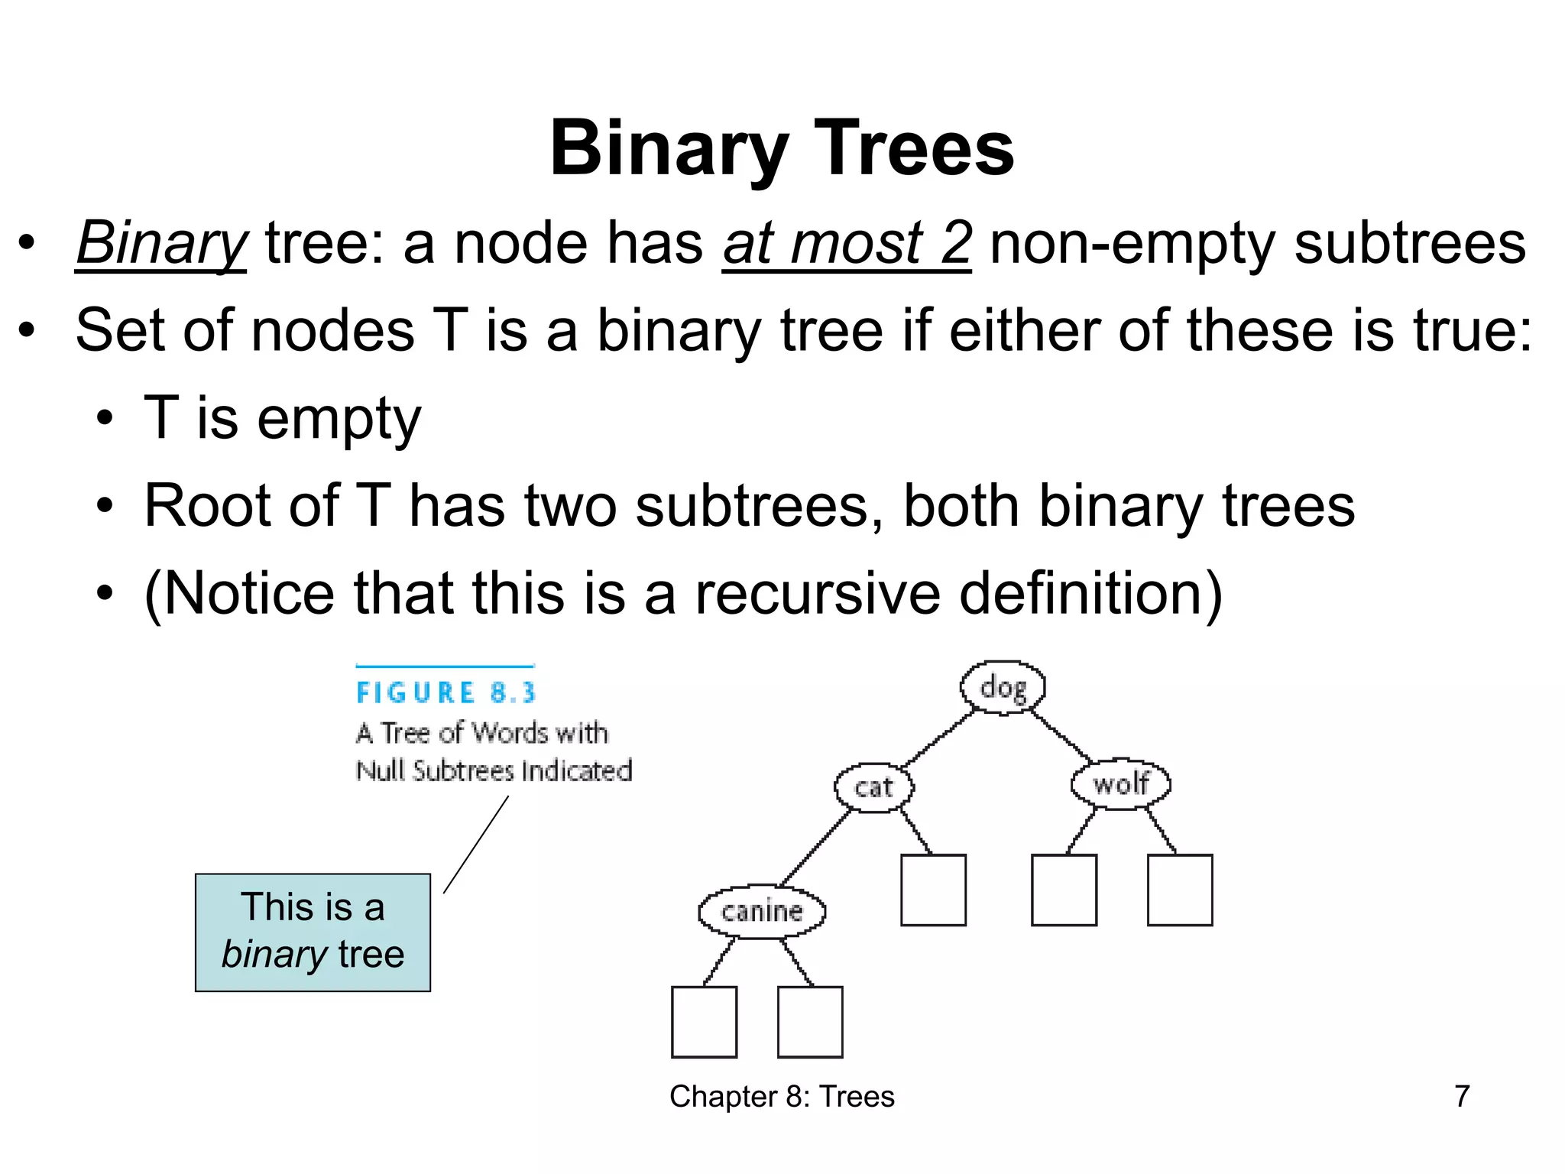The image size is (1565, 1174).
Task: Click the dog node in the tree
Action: (x=1003, y=687)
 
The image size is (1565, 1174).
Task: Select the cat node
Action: (x=873, y=786)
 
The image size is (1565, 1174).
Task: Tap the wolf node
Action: (x=1120, y=783)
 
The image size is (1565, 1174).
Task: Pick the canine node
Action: (x=762, y=911)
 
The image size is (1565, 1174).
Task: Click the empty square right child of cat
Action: (x=933, y=890)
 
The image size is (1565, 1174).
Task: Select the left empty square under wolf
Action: (x=1064, y=890)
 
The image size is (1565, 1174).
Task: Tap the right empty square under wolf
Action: (x=1180, y=890)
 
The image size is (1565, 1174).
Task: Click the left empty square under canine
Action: (x=704, y=1022)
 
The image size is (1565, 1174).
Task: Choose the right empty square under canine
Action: (x=810, y=1022)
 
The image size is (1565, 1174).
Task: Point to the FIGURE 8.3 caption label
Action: (x=446, y=692)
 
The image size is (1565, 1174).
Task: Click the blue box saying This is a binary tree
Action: (x=313, y=932)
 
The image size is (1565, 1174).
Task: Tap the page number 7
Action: (x=1462, y=1096)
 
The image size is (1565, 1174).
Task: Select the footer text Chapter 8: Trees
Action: (x=782, y=1096)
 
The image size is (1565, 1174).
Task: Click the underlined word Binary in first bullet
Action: (x=161, y=244)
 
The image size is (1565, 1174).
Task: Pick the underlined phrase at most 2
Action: (x=847, y=244)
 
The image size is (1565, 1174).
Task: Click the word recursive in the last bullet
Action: (x=817, y=593)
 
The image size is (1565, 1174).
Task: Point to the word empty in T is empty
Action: (x=339, y=419)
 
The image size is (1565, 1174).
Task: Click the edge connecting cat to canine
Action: (x=816, y=848)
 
